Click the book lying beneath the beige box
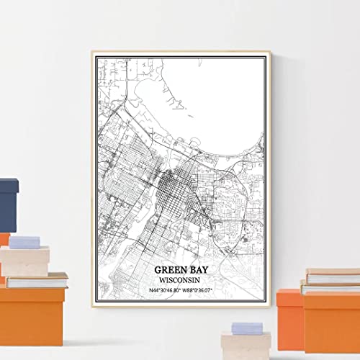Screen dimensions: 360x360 36,279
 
